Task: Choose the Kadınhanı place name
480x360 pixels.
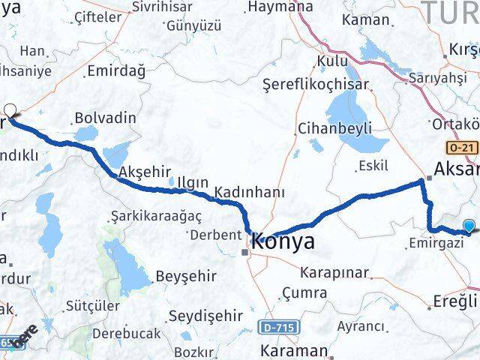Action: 249,193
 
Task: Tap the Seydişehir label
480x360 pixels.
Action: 205,316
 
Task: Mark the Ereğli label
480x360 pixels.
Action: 455,301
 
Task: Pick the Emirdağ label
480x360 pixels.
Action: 115,70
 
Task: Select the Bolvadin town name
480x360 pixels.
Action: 105,118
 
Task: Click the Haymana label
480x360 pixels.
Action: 280,7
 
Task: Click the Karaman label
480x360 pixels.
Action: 293,350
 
